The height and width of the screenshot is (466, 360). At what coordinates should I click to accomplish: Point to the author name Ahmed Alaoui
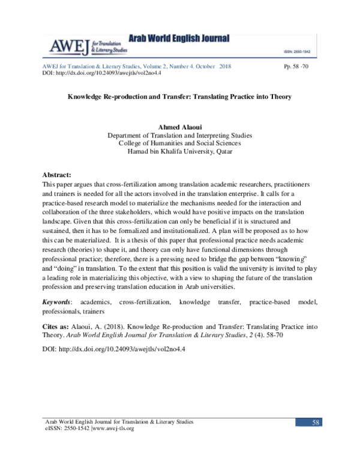pos(179,127)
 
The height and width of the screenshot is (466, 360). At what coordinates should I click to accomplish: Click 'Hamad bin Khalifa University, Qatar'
pos(179,151)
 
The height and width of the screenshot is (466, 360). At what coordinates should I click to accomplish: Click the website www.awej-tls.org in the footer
pos(113,429)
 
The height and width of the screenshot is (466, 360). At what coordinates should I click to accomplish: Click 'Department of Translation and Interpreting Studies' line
pos(179,136)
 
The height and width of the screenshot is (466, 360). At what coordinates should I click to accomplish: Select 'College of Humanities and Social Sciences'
pos(179,144)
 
